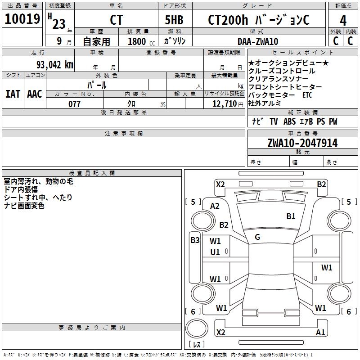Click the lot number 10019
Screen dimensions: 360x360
[x=22, y=19]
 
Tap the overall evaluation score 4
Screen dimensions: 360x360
[x=343, y=20]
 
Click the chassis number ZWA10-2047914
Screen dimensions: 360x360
[x=302, y=143]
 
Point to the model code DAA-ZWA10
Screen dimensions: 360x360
[x=258, y=41]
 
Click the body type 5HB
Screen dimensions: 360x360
[x=173, y=20]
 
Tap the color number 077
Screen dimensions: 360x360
[x=75, y=104]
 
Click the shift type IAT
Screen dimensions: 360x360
[x=13, y=94]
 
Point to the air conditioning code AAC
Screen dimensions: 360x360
[x=35, y=94]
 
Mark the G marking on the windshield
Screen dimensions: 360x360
[x=257, y=237]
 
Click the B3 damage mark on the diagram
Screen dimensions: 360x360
[x=195, y=240]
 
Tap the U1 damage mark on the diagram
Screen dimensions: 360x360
[x=215, y=252]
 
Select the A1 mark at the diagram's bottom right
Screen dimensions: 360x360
[x=320, y=333]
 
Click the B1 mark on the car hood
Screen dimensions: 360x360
[x=291, y=216]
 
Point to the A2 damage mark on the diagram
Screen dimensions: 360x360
[x=215, y=206]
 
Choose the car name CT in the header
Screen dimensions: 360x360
[x=116, y=20]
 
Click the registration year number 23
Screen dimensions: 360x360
[x=58, y=23]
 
